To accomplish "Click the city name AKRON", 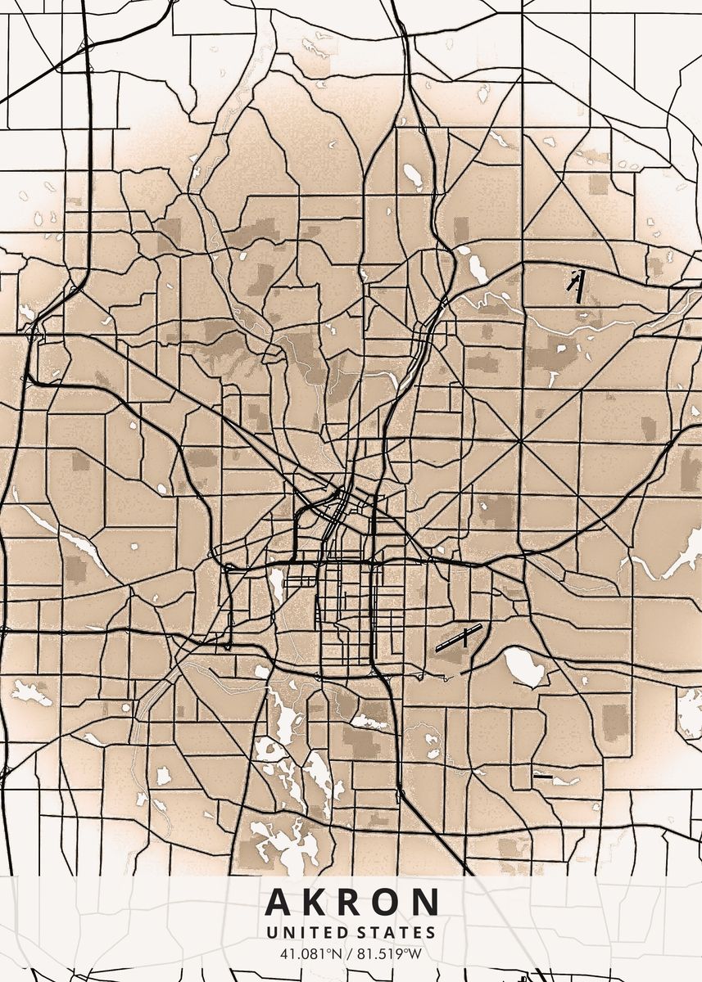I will pyautogui.click(x=351, y=902).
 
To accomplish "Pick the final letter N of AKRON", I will pyautogui.click(x=426, y=902).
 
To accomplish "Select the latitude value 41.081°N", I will pyautogui.click(x=309, y=953).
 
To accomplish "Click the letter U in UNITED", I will pyautogui.click(x=271, y=932).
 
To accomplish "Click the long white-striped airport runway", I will pyautogui.click(x=458, y=637).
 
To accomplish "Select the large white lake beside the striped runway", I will pyautogui.click(x=523, y=666).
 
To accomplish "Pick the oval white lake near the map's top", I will pyautogui.click(x=412, y=176).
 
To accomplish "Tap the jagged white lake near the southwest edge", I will pyautogui.click(x=30, y=693).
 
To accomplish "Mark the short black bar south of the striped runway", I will pyautogui.click(x=542, y=775).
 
